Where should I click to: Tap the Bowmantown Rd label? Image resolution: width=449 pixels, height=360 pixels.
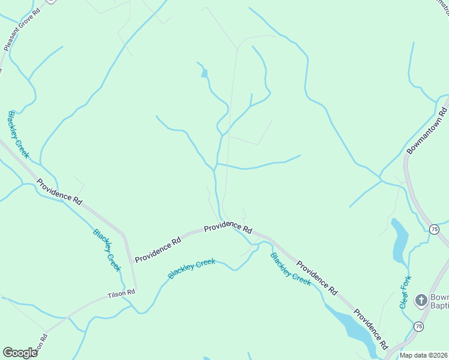[x=427, y=131]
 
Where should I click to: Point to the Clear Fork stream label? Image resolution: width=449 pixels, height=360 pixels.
[x=406, y=292]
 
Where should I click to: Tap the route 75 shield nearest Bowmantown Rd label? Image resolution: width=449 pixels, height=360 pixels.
[x=433, y=229]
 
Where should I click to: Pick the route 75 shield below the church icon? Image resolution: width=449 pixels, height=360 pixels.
[x=418, y=326]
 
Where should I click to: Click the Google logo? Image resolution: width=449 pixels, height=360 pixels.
[x=20, y=353]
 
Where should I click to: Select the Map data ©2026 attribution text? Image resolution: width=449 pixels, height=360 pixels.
[x=424, y=355]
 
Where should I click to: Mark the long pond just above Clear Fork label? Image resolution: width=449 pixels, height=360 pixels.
[x=399, y=241]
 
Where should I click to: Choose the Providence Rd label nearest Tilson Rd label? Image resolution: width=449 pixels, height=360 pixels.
[x=158, y=250]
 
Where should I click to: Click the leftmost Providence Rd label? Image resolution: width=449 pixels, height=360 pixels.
[x=58, y=192]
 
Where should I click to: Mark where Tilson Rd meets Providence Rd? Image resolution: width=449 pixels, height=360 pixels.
[x=135, y=290]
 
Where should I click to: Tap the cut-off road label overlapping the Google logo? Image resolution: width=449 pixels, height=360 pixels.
[x=40, y=347]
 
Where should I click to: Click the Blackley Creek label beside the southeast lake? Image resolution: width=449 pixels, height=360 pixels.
[x=291, y=269]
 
